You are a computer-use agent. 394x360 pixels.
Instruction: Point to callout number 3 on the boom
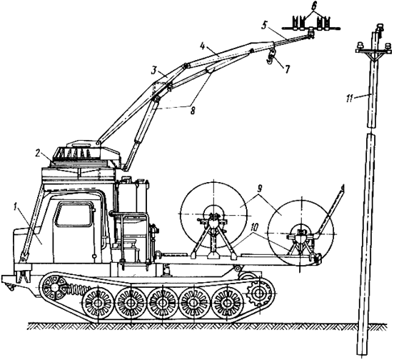(x=155, y=71)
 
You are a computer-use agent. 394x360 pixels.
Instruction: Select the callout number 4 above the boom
(x=203, y=46)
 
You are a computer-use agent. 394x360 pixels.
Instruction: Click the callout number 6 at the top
(x=313, y=6)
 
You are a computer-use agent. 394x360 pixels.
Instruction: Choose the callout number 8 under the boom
(x=193, y=110)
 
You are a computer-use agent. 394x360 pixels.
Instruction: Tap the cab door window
(x=74, y=214)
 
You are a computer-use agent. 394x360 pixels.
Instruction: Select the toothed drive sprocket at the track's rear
(x=258, y=293)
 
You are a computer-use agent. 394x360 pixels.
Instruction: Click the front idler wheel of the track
(x=54, y=287)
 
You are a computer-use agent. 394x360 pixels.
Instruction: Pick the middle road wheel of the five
(x=162, y=301)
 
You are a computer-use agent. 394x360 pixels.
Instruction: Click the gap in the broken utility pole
(x=372, y=131)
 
